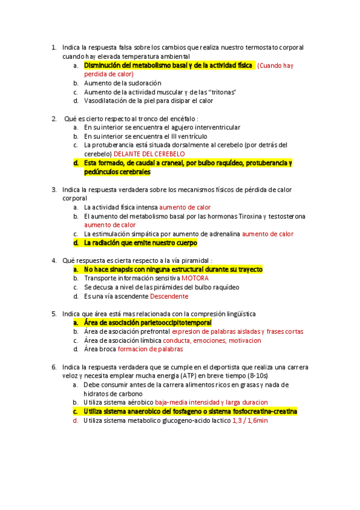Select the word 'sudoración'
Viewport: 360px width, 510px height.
click(x=144, y=83)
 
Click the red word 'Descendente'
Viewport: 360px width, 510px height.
click(x=169, y=296)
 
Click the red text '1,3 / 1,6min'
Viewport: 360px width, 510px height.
click(x=250, y=420)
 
